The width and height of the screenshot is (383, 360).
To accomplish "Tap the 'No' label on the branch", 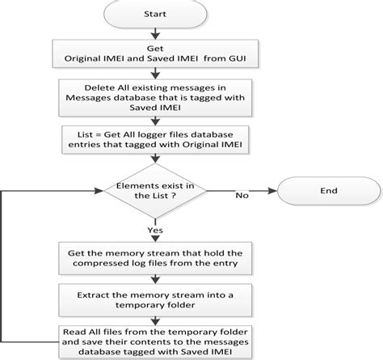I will [x=240, y=196].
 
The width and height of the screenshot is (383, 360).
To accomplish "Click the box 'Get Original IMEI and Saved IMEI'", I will [x=152, y=53].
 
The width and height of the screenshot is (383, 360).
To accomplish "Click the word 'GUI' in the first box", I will [x=238, y=58].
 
